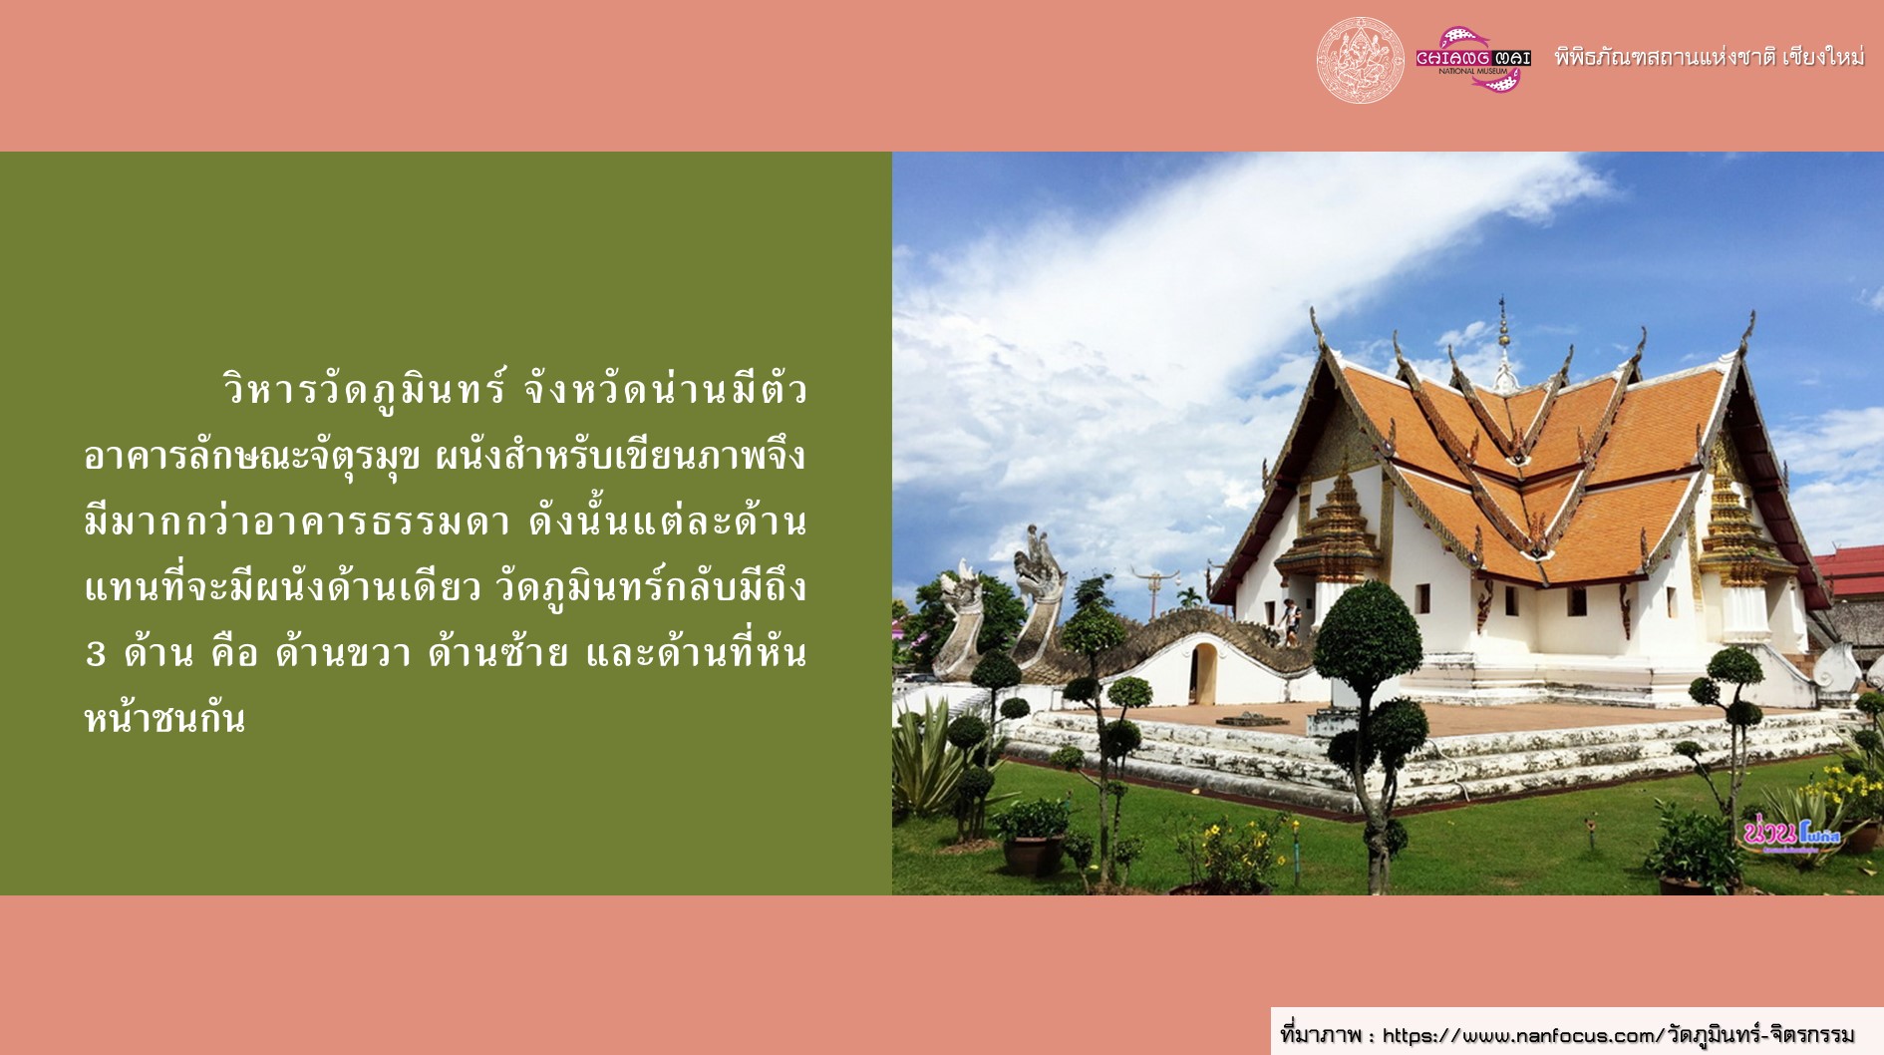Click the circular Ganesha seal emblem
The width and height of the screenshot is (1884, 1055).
tap(1360, 60)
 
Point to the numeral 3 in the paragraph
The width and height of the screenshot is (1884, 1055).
tap(96, 654)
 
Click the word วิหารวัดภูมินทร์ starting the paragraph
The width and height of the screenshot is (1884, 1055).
tap(365, 389)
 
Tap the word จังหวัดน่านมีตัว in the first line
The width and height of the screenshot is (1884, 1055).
tap(665, 389)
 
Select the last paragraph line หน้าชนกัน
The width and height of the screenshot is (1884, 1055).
tap(164, 718)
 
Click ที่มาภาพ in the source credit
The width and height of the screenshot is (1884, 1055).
tap(1321, 1035)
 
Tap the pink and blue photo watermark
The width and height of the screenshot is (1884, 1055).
tap(1791, 834)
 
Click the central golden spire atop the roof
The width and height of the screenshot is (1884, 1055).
tap(1504, 344)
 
